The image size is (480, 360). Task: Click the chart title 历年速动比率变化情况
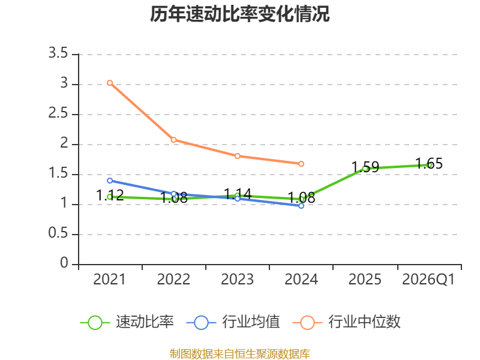[x=240, y=14]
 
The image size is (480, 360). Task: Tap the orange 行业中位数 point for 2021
[x=110, y=83]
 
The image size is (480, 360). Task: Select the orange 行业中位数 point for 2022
[x=173, y=140]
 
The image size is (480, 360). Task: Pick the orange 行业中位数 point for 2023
[x=238, y=156]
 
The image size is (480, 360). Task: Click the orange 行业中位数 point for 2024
[x=301, y=164]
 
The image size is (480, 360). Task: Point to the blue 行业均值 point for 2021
[x=110, y=181]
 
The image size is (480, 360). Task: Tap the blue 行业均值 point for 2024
[x=301, y=206]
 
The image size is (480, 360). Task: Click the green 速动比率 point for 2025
[x=365, y=169]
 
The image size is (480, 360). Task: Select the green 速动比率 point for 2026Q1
[x=429, y=165]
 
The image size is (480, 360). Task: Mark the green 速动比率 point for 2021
[x=110, y=197]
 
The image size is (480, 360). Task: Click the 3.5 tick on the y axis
[x=58, y=54]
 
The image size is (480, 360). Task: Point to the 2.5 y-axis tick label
[x=58, y=114]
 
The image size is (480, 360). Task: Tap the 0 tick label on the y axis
[x=64, y=264]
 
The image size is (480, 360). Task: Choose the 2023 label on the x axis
[x=238, y=280]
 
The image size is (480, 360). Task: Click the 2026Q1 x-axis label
[x=428, y=280]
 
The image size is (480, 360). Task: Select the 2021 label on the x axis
[x=110, y=280]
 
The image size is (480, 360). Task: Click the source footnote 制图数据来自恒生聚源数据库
[x=240, y=354]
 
